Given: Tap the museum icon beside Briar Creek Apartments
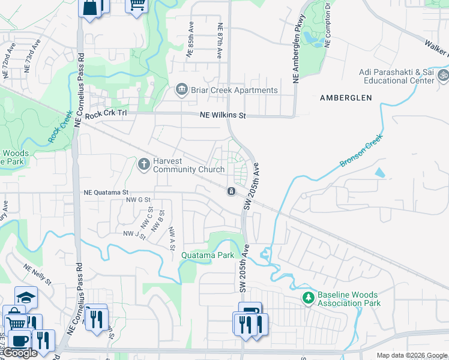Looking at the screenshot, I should pos(181,90).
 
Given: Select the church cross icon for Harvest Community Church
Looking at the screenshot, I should pos(144,163).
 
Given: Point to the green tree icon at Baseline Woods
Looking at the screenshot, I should pos(308,298).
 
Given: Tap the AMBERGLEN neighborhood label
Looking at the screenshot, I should pos(346,98).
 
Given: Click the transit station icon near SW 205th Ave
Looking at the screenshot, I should pos(231,191).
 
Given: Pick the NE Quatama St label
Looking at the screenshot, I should pos(106,193).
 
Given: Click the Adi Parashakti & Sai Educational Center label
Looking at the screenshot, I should pos(397,76).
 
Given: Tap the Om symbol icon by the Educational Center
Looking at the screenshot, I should pos(444,76).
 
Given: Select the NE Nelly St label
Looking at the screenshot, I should pos(37,274).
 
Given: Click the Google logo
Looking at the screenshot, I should pos(20,353).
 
